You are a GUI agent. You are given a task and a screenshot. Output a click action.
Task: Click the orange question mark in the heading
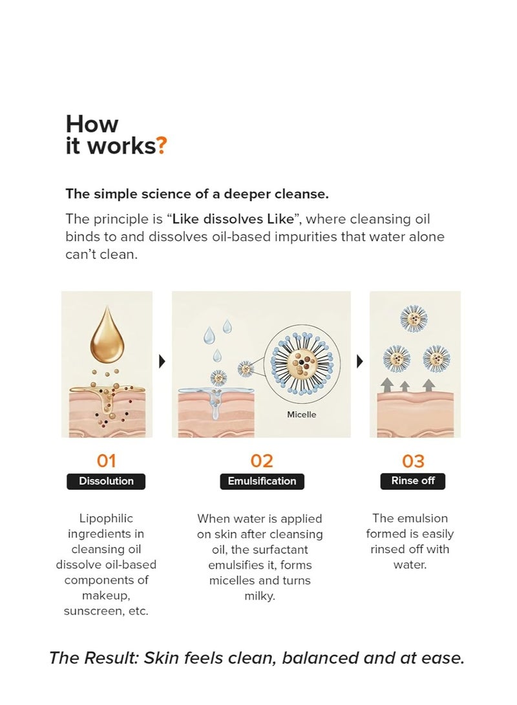coord(162,146)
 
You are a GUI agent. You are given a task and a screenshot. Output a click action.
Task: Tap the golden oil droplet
coord(107,336)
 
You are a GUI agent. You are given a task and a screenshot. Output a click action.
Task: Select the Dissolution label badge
coord(106,481)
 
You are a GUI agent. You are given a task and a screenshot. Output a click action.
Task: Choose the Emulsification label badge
coord(262,481)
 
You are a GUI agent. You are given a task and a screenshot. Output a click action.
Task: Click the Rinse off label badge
coord(413,481)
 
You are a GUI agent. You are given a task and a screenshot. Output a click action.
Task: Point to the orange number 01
coord(107,461)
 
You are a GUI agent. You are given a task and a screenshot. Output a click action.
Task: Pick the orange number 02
coord(262,461)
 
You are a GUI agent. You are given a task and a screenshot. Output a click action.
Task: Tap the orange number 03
coord(413,461)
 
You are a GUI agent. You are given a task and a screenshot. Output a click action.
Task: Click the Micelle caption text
coord(302,415)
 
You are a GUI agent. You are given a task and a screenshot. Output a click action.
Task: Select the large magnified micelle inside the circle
coord(302,361)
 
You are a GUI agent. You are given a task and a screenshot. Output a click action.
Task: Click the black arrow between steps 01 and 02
coord(162,361)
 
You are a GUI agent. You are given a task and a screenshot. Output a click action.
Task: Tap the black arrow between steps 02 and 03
coord(360,361)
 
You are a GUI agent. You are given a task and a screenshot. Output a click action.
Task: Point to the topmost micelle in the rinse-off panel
coord(414,319)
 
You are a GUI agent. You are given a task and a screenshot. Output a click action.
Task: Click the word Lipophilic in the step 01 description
coord(106,518)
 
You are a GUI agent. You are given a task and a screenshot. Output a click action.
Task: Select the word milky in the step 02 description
coord(260,596)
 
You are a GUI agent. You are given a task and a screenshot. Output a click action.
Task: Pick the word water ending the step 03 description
coord(410,565)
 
